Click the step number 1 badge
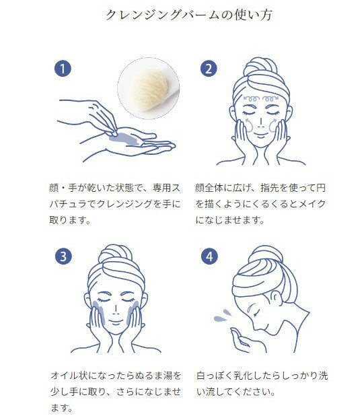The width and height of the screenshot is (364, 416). click(63, 69)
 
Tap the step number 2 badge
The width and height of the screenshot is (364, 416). click(209, 69)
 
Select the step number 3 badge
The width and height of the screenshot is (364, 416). click(63, 256)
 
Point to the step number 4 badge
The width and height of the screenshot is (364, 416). click(209, 256)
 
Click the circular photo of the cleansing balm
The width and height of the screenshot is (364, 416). click(149, 88)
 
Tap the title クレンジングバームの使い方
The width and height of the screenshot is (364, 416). click(189, 15)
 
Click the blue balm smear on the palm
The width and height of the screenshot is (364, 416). click(124, 139)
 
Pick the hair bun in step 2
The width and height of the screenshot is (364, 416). click(260, 67)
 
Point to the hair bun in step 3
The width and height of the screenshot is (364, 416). click(115, 254)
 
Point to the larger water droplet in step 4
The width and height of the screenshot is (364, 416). click(220, 318)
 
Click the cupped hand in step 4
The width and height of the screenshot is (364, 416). click(240, 339)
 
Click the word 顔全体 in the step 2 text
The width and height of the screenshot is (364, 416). click(209, 188)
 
